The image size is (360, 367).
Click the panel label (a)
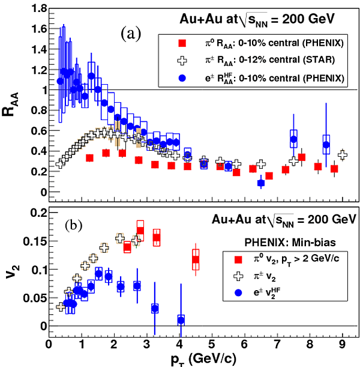coord(131,34)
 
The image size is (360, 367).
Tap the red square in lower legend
coord(239,259)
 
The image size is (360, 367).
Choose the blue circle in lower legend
coord(239,294)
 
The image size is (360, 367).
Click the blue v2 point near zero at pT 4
coord(181,320)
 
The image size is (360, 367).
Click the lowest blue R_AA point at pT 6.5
coord(261,183)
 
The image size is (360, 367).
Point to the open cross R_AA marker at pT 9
coord(342,155)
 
